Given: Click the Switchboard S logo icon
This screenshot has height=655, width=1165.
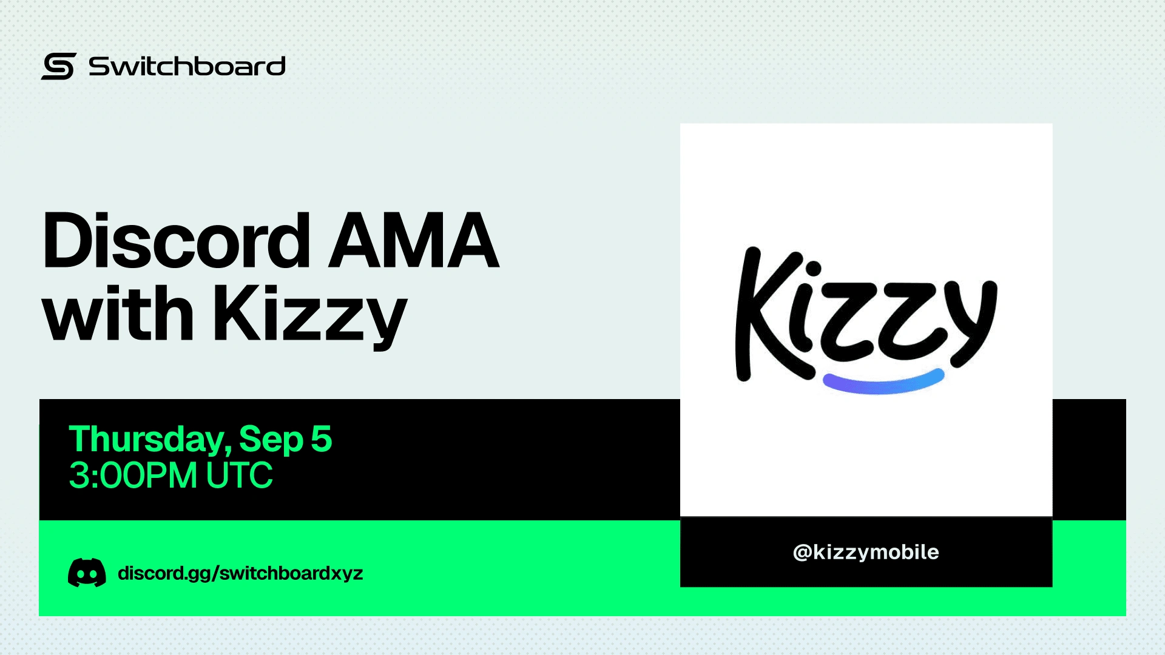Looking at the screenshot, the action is point(58,66).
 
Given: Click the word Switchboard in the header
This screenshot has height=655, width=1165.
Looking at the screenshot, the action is point(187,66).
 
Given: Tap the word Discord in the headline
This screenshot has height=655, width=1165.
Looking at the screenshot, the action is point(177,241).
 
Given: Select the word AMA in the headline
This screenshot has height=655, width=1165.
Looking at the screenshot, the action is point(413,240).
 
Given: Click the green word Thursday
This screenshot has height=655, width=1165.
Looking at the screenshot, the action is point(150,440).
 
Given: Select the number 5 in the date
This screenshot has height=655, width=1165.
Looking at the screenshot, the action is point(322,438).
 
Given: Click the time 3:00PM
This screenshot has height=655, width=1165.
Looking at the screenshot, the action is point(133,475).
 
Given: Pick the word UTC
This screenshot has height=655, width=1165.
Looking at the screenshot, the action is point(239,475).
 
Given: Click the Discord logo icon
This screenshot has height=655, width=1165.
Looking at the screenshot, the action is point(87,573).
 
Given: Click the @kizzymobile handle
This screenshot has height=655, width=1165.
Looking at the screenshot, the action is point(866,552).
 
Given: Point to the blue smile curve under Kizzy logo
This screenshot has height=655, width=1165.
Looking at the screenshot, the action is point(883,384).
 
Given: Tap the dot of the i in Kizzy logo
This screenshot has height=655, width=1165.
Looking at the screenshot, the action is point(813,268).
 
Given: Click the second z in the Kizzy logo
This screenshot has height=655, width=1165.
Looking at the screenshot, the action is point(907,318).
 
